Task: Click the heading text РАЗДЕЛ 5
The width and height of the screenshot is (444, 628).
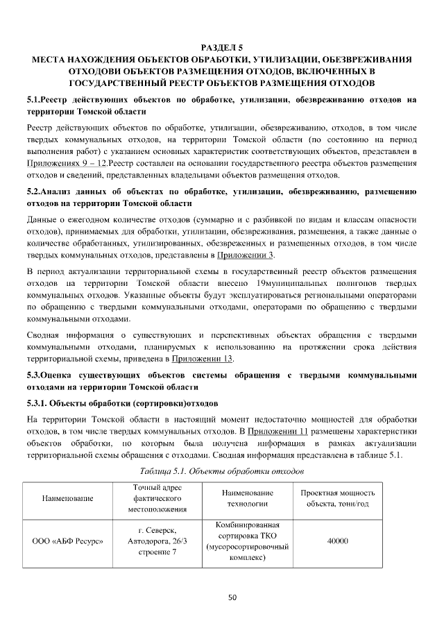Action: pos(221,48)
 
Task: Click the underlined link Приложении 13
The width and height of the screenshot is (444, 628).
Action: pos(202,358)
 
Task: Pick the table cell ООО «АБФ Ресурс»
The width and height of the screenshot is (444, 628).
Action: pos(68,541)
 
